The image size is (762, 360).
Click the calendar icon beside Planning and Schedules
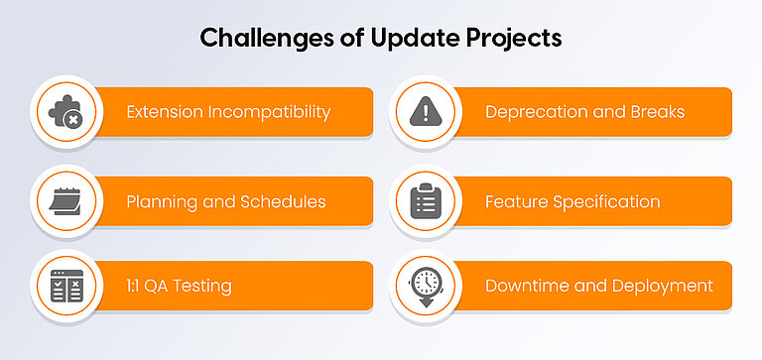[x=65, y=201]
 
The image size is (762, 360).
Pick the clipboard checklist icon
[x=425, y=201]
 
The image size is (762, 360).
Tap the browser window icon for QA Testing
[x=65, y=286]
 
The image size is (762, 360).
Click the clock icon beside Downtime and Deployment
[x=425, y=287]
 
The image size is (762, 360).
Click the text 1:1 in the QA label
[x=135, y=287]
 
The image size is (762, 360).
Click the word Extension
[x=159, y=112]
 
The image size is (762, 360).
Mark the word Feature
[x=514, y=201]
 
